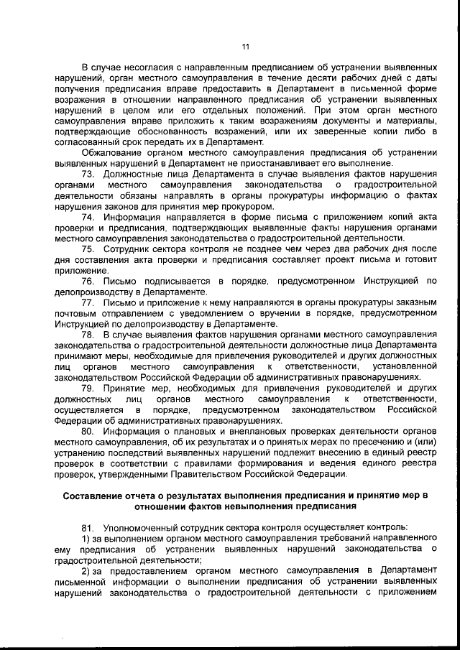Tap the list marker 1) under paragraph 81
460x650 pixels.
(x=86, y=537)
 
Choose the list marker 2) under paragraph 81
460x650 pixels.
(x=86, y=569)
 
